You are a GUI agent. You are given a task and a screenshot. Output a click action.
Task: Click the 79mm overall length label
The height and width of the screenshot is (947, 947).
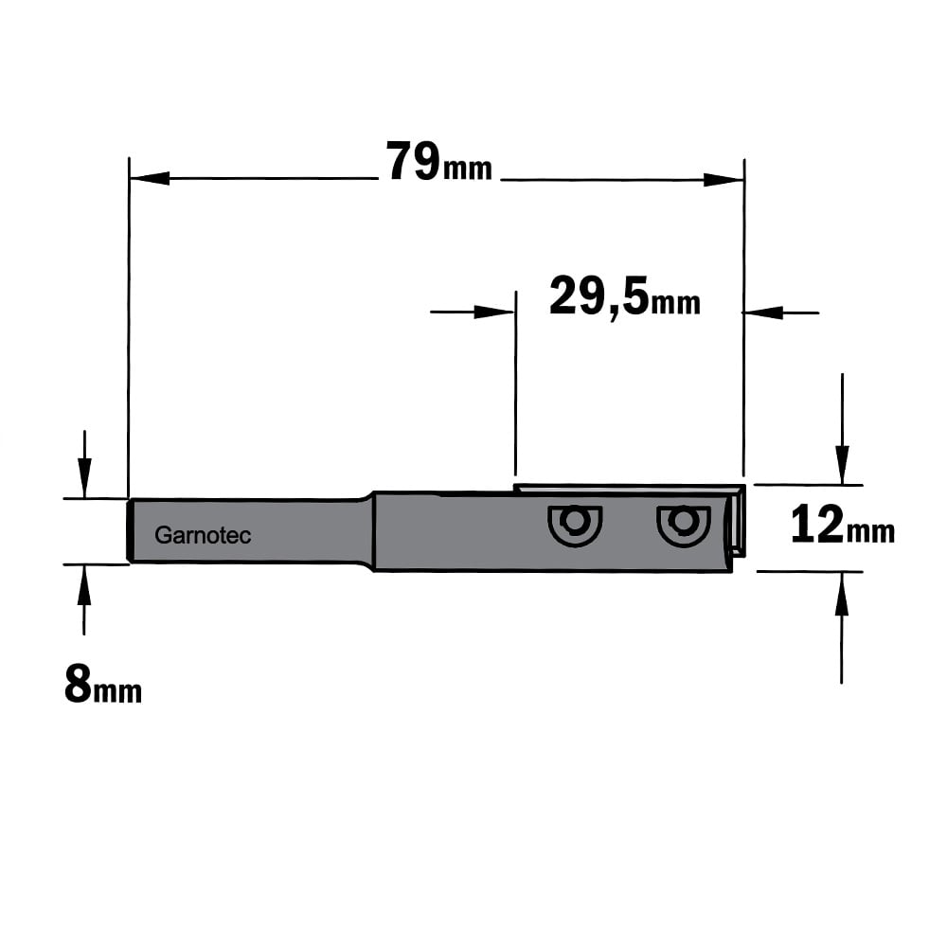[439, 162]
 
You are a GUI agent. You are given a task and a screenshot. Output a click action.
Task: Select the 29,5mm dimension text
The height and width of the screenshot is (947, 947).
[624, 295]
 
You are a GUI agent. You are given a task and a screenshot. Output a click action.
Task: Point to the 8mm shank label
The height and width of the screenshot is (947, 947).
[102, 685]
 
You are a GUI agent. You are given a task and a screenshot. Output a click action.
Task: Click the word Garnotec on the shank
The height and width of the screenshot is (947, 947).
[203, 535]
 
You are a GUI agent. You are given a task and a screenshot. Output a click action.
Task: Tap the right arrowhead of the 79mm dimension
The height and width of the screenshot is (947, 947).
[724, 179]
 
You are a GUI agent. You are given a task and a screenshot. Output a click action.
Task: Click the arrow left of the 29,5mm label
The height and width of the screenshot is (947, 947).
[473, 313]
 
